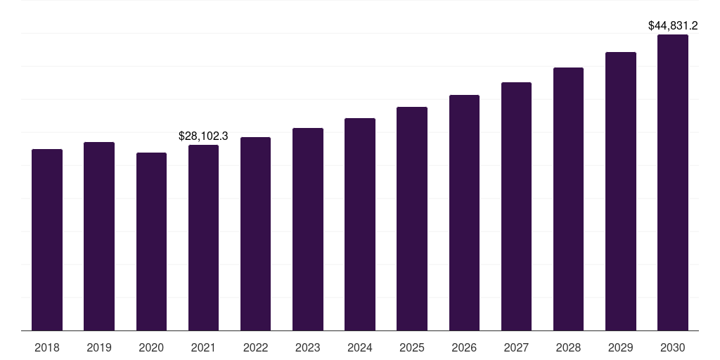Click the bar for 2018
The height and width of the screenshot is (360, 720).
pos(47,240)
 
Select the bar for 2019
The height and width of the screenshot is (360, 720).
pos(99,236)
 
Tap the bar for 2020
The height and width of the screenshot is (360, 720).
pos(151,241)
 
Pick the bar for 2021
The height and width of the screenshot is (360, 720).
pos(203,238)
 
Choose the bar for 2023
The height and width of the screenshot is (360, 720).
pos(307,229)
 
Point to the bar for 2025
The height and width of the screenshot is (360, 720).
pos(412,219)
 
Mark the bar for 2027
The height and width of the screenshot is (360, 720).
pos(516,206)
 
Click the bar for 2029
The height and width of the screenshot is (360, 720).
pos(620,191)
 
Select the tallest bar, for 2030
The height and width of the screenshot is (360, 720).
pos(672,182)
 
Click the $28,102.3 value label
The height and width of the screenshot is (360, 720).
pos(203,136)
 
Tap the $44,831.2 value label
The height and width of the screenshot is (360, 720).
pos(672,26)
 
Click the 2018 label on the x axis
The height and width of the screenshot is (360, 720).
pos(47,347)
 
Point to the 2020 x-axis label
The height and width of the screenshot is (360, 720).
pos(151,347)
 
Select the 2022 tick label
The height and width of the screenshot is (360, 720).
pos(255,347)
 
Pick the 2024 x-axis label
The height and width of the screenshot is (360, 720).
pos(360,347)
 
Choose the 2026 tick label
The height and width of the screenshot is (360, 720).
pos(464,347)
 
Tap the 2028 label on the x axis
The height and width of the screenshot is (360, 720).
pos(568,347)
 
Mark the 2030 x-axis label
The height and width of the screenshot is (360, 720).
pos(672,347)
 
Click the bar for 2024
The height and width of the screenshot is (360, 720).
pos(360,224)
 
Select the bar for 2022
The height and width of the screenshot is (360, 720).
pos(255,233)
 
